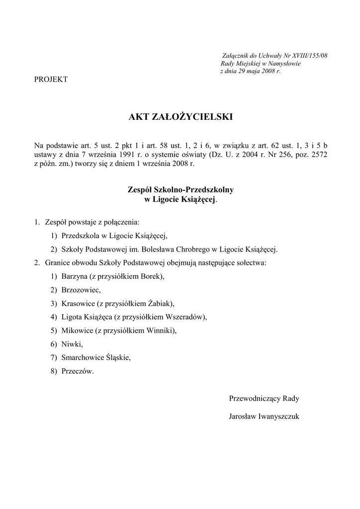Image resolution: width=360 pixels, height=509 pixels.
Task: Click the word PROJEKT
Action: (51, 80)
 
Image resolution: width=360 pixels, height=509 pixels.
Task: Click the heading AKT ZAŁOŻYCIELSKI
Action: (180, 117)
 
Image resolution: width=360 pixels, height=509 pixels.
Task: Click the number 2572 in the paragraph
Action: (318, 154)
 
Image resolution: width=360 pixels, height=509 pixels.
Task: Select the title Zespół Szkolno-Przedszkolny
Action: (180, 190)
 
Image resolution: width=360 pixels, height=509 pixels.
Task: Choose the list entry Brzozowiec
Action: (81, 290)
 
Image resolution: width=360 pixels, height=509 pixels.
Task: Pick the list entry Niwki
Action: (72, 343)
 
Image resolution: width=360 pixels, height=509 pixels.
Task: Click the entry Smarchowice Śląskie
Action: (96, 357)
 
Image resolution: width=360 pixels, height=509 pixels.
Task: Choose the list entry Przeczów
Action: (77, 370)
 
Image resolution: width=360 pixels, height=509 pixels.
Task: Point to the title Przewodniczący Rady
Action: (264, 399)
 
